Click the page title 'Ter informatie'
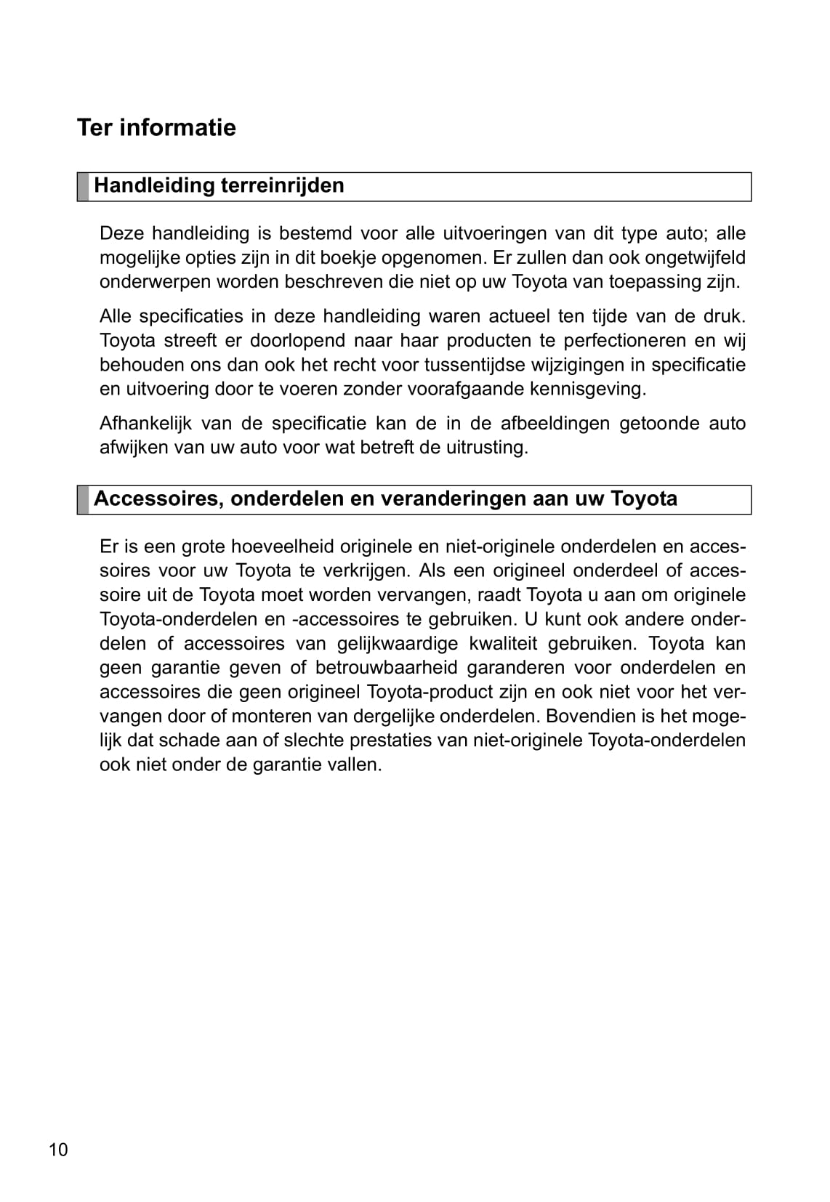pyautogui.click(x=156, y=128)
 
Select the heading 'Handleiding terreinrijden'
pyautogui.click(x=219, y=185)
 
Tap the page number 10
pyautogui.click(x=58, y=1150)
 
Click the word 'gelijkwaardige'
pyautogui.click(x=398, y=644)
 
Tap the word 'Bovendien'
pyautogui.click(x=589, y=717)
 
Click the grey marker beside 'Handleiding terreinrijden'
pyautogui.click(x=83, y=187)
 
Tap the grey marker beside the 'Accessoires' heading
pyautogui.click(x=83, y=500)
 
